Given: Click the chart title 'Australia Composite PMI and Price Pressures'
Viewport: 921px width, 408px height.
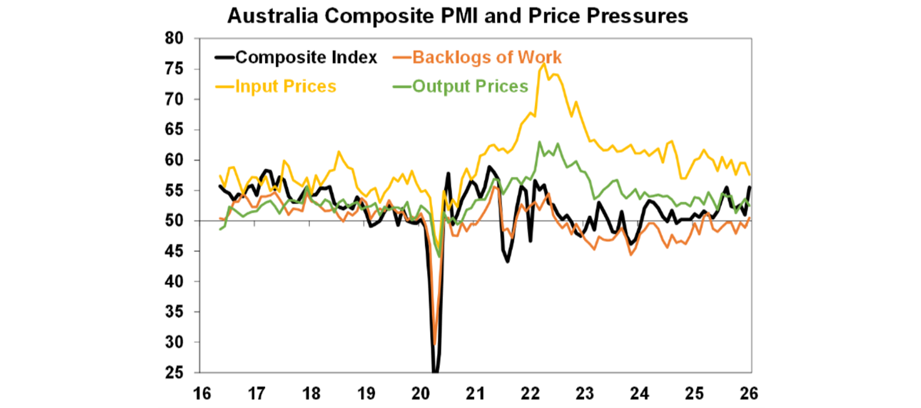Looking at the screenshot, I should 458,16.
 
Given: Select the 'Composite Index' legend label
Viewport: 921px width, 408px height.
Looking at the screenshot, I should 306,58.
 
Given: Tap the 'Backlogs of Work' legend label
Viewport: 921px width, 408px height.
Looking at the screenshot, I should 487,58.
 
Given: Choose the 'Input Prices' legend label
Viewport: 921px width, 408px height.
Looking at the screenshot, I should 285,86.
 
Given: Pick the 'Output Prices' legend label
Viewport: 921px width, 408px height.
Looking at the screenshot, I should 469,86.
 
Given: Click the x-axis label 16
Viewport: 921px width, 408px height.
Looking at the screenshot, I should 201,394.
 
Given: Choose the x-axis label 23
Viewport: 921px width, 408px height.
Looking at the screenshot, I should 585,394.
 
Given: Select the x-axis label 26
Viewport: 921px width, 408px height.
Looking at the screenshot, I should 750,394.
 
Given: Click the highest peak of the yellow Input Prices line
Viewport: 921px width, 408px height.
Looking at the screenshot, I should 544,64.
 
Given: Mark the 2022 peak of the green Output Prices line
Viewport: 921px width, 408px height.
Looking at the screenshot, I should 540,142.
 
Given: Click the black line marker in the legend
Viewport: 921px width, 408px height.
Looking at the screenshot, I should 224,58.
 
